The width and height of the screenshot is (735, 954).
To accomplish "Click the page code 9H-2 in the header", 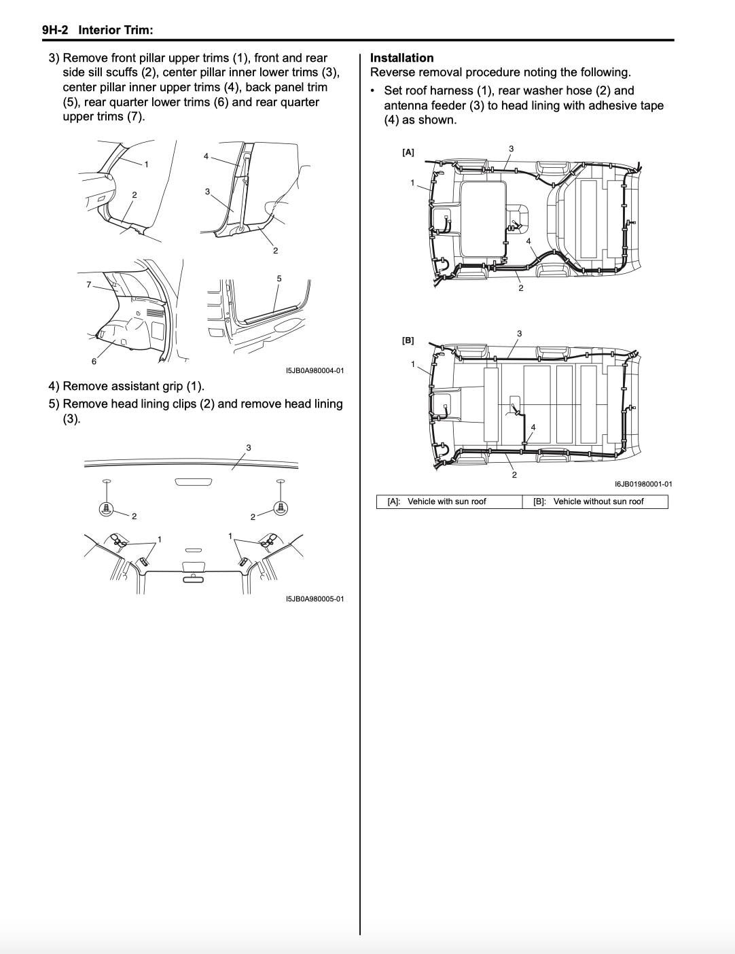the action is (55, 30).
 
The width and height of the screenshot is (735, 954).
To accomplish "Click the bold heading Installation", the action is (401, 58).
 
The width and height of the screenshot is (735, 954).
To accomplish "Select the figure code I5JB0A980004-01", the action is (315, 370).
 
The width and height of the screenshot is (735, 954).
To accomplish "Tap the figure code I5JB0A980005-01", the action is (315, 599).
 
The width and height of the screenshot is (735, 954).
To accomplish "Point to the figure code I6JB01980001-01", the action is (643, 484).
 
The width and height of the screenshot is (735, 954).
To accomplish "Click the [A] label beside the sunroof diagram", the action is (408, 152).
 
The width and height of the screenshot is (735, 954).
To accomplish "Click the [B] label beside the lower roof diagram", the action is (408, 340).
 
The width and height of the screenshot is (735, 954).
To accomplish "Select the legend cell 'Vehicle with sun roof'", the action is (447, 501).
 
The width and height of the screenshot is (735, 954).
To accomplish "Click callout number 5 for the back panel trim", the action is (279, 279).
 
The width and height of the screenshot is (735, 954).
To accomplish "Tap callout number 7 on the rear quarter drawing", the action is (88, 285).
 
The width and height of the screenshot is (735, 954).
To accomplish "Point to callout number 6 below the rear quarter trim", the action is (94, 361).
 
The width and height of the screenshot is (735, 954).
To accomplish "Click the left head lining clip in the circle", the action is (106, 508).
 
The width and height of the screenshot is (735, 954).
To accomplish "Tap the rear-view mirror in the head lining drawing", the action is (193, 580).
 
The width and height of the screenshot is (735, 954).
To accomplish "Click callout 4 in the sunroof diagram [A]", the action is (528, 241).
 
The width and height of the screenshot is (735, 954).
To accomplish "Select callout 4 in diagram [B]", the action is (533, 427).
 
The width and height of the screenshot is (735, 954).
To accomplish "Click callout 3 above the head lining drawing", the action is (249, 448).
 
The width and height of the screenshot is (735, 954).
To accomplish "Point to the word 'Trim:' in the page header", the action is (138, 30).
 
